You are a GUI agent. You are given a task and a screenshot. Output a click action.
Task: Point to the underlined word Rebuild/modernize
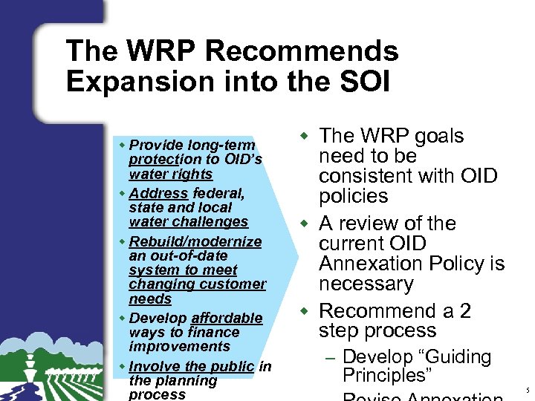click(x=195, y=241)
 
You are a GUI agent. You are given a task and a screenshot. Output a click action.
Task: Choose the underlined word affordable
click(x=227, y=318)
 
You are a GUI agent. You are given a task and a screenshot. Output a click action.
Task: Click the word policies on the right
click(x=354, y=196)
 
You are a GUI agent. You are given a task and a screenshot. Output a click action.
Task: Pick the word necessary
click(x=366, y=284)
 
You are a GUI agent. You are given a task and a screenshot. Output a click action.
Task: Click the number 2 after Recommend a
click(x=465, y=310)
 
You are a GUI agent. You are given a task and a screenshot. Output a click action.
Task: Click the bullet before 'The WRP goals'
click(x=303, y=136)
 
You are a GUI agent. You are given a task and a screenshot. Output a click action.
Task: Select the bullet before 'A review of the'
click(x=303, y=224)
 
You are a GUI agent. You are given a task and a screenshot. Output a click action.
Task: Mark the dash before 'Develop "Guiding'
click(x=331, y=358)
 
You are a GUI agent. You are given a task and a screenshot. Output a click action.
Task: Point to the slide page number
click(x=527, y=389)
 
